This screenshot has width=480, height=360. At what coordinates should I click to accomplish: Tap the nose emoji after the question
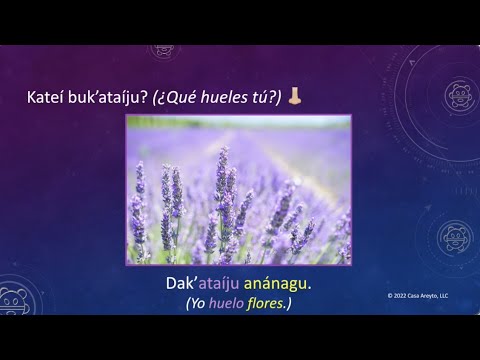[293, 96]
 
